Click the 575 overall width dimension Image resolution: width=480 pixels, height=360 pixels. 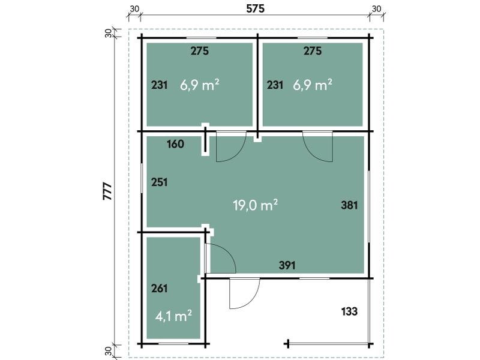click(x=255, y=8)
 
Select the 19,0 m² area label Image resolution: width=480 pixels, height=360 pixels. click(x=255, y=206)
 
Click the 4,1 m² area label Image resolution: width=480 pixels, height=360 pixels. click(x=173, y=316)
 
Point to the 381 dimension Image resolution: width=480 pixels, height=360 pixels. click(x=349, y=205)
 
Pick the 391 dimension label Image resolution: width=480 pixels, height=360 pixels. click(x=287, y=265)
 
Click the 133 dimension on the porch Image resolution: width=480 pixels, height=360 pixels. click(x=349, y=311)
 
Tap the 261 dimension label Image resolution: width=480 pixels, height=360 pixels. click(x=160, y=288)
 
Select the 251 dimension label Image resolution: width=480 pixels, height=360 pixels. click(x=160, y=182)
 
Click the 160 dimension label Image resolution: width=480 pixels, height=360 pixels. click(x=175, y=144)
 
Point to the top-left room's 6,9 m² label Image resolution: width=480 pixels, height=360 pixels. click(x=199, y=85)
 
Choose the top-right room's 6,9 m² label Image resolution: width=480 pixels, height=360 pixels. click(x=313, y=85)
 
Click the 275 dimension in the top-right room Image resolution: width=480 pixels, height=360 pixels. click(x=313, y=51)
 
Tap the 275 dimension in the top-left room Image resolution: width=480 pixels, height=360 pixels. click(x=200, y=51)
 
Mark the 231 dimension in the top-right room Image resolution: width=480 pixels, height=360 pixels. click(x=275, y=85)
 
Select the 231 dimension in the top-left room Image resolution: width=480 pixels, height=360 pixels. click(x=160, y=85)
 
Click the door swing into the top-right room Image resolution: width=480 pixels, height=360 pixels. click(x=318, y=146)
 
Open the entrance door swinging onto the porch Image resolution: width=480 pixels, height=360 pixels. click(x=244, y=294)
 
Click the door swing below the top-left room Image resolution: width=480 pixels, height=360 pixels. click(x=230, y=146)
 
